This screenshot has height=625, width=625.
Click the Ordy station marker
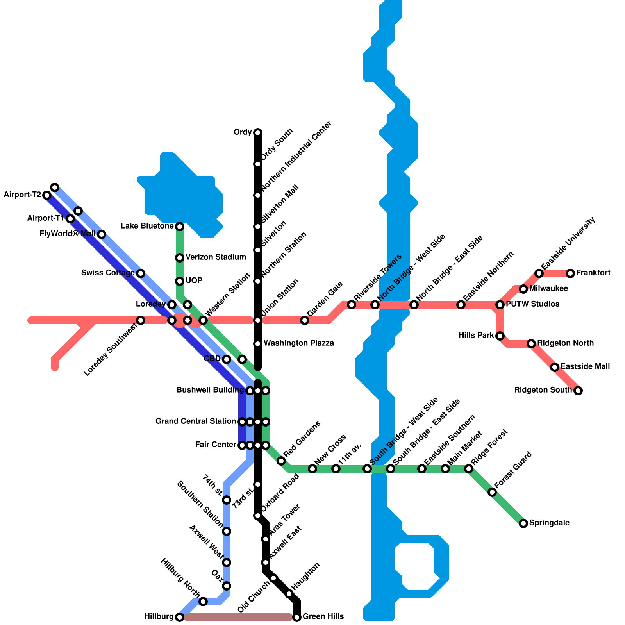pos(258,133)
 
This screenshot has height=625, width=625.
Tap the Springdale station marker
pos(523,523)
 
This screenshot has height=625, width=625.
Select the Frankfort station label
pos(593,273)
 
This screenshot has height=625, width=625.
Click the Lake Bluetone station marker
pos(180,227)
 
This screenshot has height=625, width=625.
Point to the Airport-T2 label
pos(22,195)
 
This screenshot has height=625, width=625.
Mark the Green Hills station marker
pos(297,617)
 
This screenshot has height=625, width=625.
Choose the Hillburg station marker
pos(180,617)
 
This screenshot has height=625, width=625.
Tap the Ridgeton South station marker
pos(578,391)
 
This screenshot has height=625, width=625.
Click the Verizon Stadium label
pos(216,257)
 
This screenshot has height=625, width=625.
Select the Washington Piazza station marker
pos(258,344)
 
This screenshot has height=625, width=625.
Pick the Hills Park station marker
pos(500,336)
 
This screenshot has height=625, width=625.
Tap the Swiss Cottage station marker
pos(141,273)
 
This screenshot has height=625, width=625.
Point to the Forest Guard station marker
pos(492,492)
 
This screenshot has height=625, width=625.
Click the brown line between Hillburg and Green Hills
pos(238,617)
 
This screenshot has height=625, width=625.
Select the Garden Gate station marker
pos(305,320)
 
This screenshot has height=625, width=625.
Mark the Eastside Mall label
pos(585,366)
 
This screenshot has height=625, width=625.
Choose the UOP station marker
pos(180,281)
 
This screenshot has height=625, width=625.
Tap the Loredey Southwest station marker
pos(141,320)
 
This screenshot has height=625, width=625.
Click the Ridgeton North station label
pos(565,343)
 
